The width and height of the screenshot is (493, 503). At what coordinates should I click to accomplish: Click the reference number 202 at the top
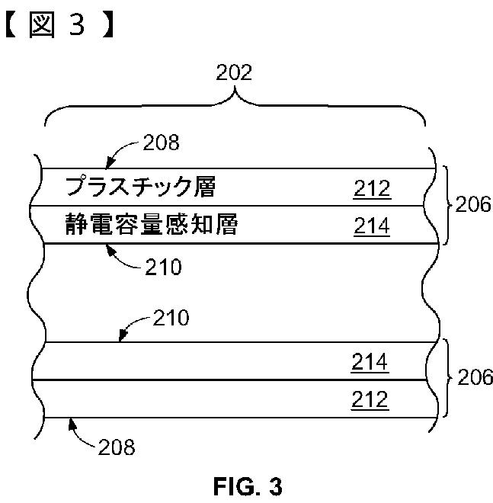tap(234, 73)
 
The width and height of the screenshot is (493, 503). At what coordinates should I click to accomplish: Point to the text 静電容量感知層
tap(151, 226)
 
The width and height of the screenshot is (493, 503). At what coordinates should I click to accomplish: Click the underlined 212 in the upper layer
tap(372, 189)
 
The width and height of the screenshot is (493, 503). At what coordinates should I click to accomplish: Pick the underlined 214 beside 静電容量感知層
tap(372, 226)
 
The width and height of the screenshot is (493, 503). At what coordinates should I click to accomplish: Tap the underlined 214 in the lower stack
tap(370, 363)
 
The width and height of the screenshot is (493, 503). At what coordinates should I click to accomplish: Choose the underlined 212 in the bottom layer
tap(370, 399)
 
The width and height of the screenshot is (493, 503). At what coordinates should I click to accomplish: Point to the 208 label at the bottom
tap(116, 447)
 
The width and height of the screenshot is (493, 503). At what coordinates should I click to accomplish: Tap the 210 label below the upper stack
tap(162, 268)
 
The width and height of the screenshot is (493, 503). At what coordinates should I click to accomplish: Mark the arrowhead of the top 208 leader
tap(108, 165)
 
